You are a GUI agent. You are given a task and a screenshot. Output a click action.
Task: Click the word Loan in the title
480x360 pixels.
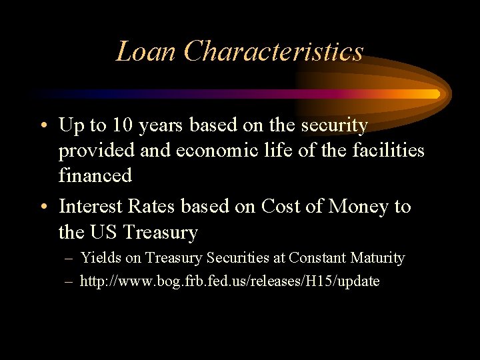[x=146, y=51]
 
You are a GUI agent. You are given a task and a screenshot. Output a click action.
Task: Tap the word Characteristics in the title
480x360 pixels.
[x=273, y=51]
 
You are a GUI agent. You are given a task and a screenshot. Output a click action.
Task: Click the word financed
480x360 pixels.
[x=95, y=176]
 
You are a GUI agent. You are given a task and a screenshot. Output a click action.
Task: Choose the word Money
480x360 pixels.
[x=358, y=207]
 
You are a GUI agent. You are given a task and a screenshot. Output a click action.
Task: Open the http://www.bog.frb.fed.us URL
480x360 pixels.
[x=229, y=281]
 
